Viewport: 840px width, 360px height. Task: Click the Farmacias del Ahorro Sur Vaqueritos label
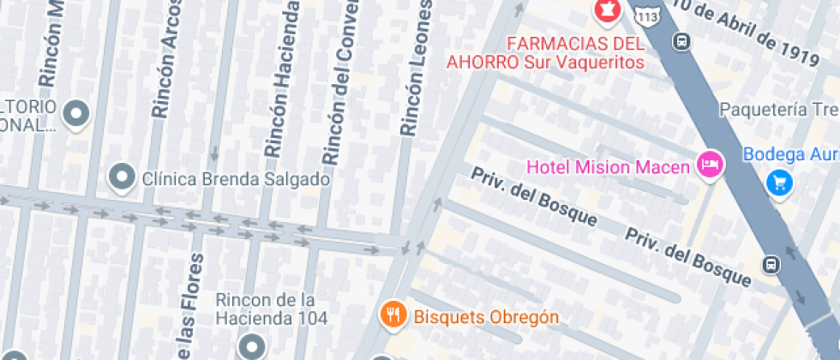[x=544, y=52]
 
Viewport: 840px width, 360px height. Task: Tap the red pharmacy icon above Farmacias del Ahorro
[x=607, y=10]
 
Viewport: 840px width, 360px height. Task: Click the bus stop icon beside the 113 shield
[x=683, y=40]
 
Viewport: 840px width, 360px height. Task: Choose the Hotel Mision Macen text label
[x=608, y=166]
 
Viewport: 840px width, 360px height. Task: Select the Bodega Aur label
[x=790, y=154]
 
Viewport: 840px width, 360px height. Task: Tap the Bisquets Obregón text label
[x=486, y=317]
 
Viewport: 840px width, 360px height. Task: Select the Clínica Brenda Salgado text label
[x=236, y=179]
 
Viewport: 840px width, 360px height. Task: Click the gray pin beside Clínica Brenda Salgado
[x=123, y=177]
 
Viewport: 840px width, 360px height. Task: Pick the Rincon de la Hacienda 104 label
[x=272, y=309]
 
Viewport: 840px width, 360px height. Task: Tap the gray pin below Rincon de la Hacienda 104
[x=251, y=346]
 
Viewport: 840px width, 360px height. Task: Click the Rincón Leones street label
[x=416, y=69]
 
